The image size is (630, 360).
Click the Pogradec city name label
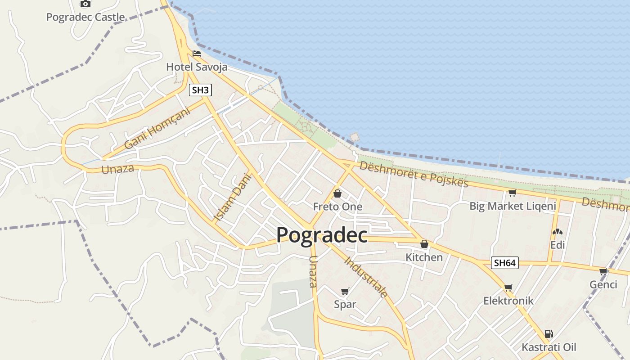coord(322,235)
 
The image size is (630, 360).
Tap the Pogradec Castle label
coord(85,18)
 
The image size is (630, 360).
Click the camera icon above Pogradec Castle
coord(85,4)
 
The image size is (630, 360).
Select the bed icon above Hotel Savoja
coord(197,54)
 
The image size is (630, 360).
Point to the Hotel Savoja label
coord(197,67)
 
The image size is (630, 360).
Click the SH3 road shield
coord(200,90)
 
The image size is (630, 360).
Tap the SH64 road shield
coord(504,263)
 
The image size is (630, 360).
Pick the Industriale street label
coord(366,277)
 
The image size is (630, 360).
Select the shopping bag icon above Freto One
coord(337,193)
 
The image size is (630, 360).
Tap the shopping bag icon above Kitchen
coord(424,244)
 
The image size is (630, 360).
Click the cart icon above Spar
coord(345,291)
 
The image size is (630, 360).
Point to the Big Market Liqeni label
coord(513,206)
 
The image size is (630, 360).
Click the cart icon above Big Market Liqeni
coord(512,193)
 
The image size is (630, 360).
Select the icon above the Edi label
coord(558,232)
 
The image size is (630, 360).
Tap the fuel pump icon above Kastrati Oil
coord(549,334)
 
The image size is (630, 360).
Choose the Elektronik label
coord(508,301)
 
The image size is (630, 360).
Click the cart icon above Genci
coord(603,271)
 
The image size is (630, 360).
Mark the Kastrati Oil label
coord(549,347)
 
